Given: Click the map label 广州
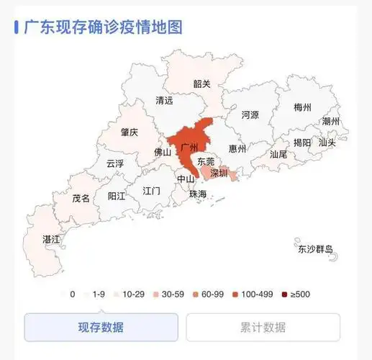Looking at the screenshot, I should pos(191,147).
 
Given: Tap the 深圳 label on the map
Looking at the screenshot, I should pos(218,174).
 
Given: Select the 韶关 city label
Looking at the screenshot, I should pos(201,84).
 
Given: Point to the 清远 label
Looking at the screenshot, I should pos(164,102).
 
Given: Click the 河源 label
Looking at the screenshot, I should pos(250,114).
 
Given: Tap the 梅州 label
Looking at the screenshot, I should pos(303,107).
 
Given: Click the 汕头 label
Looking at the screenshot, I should pos(327,143).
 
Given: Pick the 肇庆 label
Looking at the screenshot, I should pos(130,132).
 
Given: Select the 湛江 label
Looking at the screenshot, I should pos(51,238).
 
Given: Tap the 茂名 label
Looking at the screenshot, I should pos(81,198).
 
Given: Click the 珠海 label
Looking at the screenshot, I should pos(197,194).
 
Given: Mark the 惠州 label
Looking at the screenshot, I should pos(237,149).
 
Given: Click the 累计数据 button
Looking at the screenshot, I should pos(263,328).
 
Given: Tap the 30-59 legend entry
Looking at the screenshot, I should pos(173,294).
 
